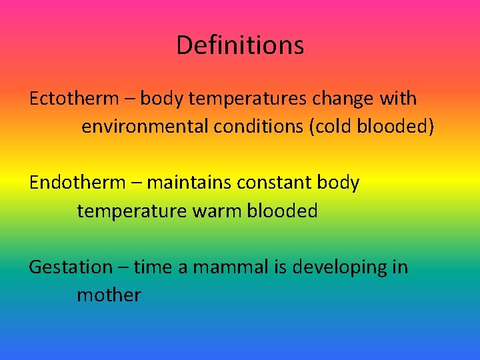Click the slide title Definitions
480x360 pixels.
[240, 45]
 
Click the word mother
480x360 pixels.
[109, 295]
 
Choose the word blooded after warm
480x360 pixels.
[282, 211]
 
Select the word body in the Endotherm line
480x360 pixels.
[339, 183]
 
